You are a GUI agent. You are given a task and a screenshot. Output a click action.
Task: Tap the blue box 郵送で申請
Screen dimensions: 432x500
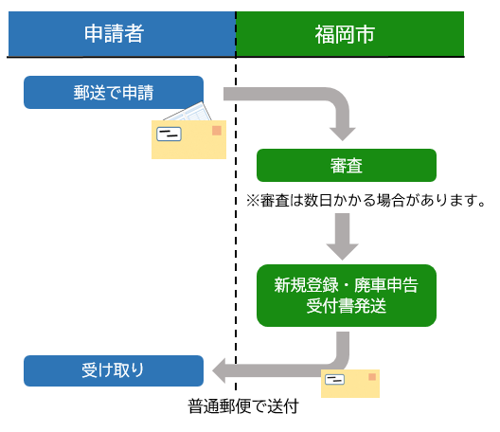point(114,92)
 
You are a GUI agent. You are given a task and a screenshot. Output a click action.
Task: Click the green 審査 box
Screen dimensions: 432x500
point(347,165)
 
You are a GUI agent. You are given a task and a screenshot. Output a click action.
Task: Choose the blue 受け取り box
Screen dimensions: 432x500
point(114,370)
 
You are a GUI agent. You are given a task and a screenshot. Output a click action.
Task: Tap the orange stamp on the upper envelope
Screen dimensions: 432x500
point(216,130)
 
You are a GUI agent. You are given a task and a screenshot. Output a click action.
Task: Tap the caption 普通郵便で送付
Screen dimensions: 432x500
point(243,407)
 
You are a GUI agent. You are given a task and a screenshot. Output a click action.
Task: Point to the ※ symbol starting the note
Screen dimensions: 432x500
point(252,201)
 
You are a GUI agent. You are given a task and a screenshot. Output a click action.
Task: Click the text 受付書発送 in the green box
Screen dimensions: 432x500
point(347,305)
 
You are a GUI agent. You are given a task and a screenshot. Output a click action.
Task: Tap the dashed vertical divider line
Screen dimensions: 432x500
point(236,237)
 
